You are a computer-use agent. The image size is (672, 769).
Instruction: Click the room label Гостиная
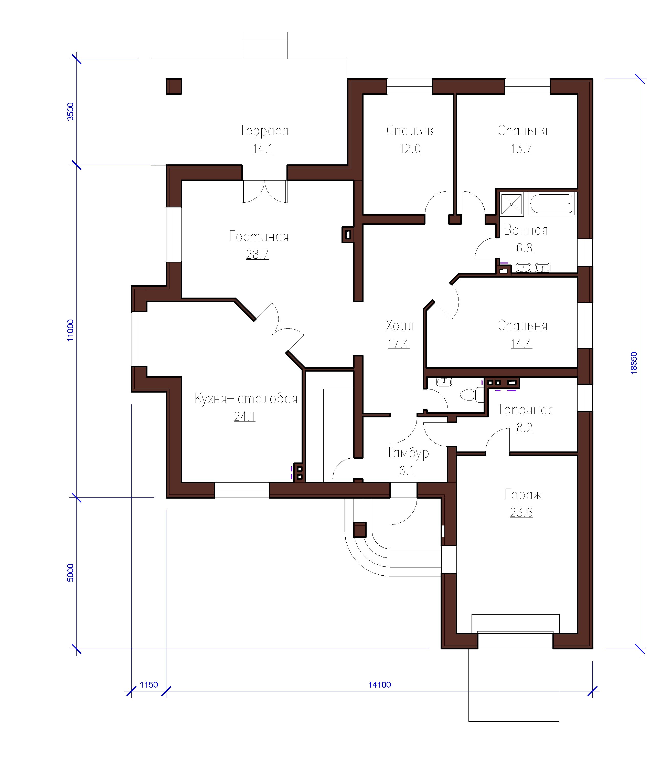click(x=259, y=236)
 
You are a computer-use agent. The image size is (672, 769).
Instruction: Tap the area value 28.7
click(x=257, y=255)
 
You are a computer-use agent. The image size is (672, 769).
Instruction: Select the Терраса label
click(x=264, y=131)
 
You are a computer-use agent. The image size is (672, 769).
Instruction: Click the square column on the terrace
click(x=174, y=86)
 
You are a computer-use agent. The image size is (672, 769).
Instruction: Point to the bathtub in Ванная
click(x=551, y=204)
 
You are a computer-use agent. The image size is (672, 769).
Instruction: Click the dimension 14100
click(x=379, y=684)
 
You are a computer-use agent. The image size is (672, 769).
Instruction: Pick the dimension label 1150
click(x=149, y=684)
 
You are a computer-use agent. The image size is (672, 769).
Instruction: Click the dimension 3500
click(x=70, y=111)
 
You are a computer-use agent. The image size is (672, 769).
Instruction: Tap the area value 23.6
click(x=521, y=512)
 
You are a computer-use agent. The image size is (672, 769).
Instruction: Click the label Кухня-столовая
click(x=246, y=398)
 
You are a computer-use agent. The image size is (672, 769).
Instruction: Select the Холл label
click(x=400, y=325)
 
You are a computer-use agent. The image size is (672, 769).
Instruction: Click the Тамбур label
click(x=408, y=453)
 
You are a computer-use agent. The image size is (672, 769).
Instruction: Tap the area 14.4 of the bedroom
click(x=521, y=343)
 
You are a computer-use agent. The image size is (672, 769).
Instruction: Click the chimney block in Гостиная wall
click(x=348, y=235)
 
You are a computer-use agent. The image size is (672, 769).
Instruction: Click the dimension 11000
click(x=70, y=330)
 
